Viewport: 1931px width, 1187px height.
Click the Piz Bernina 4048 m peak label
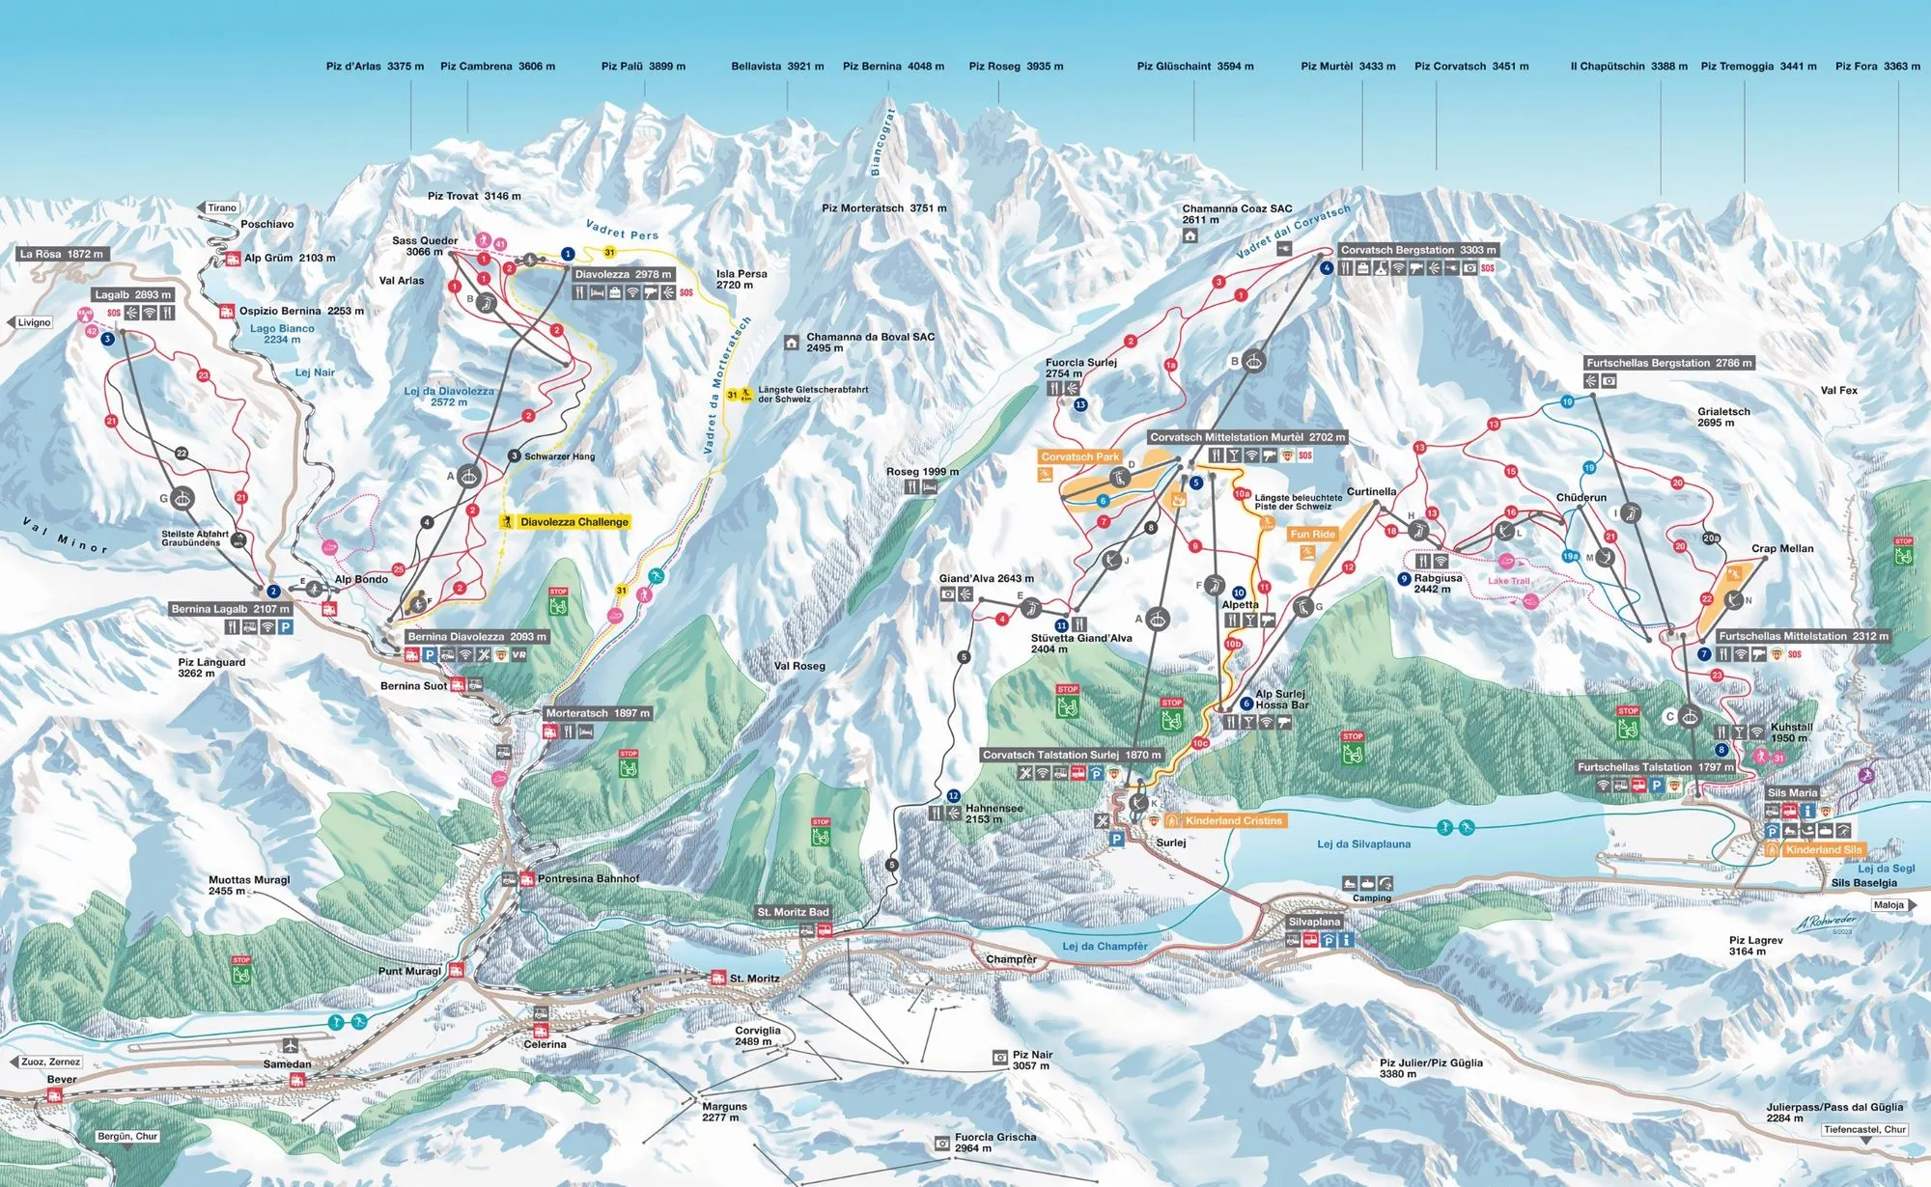click(893, 67)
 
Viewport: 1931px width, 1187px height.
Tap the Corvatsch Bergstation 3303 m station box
click(1417, 250)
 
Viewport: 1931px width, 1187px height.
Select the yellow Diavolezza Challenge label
click(574, 522)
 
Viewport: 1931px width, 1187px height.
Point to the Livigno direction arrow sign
click(32, 322)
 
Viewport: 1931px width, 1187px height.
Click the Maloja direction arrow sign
click(1893, 905)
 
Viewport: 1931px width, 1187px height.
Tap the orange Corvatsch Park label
click(1079, 457)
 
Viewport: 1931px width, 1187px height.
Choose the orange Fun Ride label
click(1312, 535)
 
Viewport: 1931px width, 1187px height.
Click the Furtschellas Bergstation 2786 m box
click(1668, 363)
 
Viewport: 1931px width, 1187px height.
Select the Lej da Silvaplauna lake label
click(1363, 844)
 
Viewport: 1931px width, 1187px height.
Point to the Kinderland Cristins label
click(1233, 821)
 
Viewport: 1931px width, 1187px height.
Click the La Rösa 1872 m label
click(61, 254)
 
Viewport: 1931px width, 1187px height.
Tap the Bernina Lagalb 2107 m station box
click(230, 609)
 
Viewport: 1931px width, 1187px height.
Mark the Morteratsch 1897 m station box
click(597, 713)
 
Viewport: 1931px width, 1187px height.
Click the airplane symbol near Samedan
click(291, 1045)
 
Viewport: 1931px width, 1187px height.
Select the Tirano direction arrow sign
click(219, 207)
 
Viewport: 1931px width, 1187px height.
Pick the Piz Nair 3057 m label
click(1032, 1060)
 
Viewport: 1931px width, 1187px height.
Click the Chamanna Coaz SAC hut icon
click(1190, 235)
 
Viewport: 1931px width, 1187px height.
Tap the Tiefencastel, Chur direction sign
click(1864, 1129)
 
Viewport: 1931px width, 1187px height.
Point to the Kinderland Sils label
click(1823, 850)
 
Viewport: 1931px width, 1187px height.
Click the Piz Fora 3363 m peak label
click(1877, 67)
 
